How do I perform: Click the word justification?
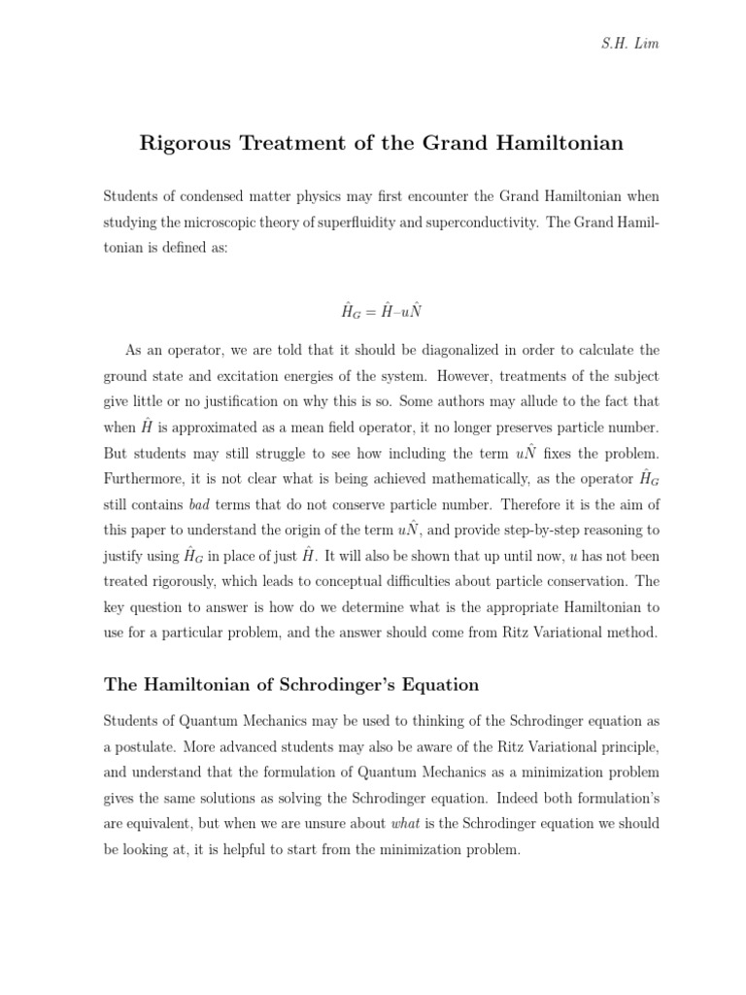coord(295,400)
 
